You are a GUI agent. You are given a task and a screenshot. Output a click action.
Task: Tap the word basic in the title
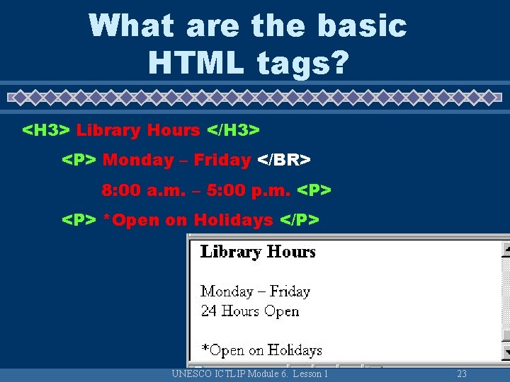(362, 26)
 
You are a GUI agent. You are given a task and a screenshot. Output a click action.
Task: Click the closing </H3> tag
(233, 130)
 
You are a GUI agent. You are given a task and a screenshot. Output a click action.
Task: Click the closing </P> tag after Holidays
(300, 221)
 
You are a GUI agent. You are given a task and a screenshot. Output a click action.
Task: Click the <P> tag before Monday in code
(79, 161)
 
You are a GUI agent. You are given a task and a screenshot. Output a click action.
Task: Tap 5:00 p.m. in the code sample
(253, 191)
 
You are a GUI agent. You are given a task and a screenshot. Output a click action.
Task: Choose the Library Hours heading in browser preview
(258, 252)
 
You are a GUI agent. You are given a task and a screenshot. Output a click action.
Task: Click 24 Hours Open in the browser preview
(249, 311)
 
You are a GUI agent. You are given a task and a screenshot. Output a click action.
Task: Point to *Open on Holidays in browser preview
(261, 350)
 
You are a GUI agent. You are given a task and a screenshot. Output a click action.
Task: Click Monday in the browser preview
(227, 291)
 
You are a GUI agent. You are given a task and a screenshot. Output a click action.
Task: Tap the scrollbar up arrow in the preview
(506, 249)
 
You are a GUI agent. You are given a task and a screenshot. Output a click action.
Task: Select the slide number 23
(462, 374)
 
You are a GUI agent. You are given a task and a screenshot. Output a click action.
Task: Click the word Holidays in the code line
(233, 221)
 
